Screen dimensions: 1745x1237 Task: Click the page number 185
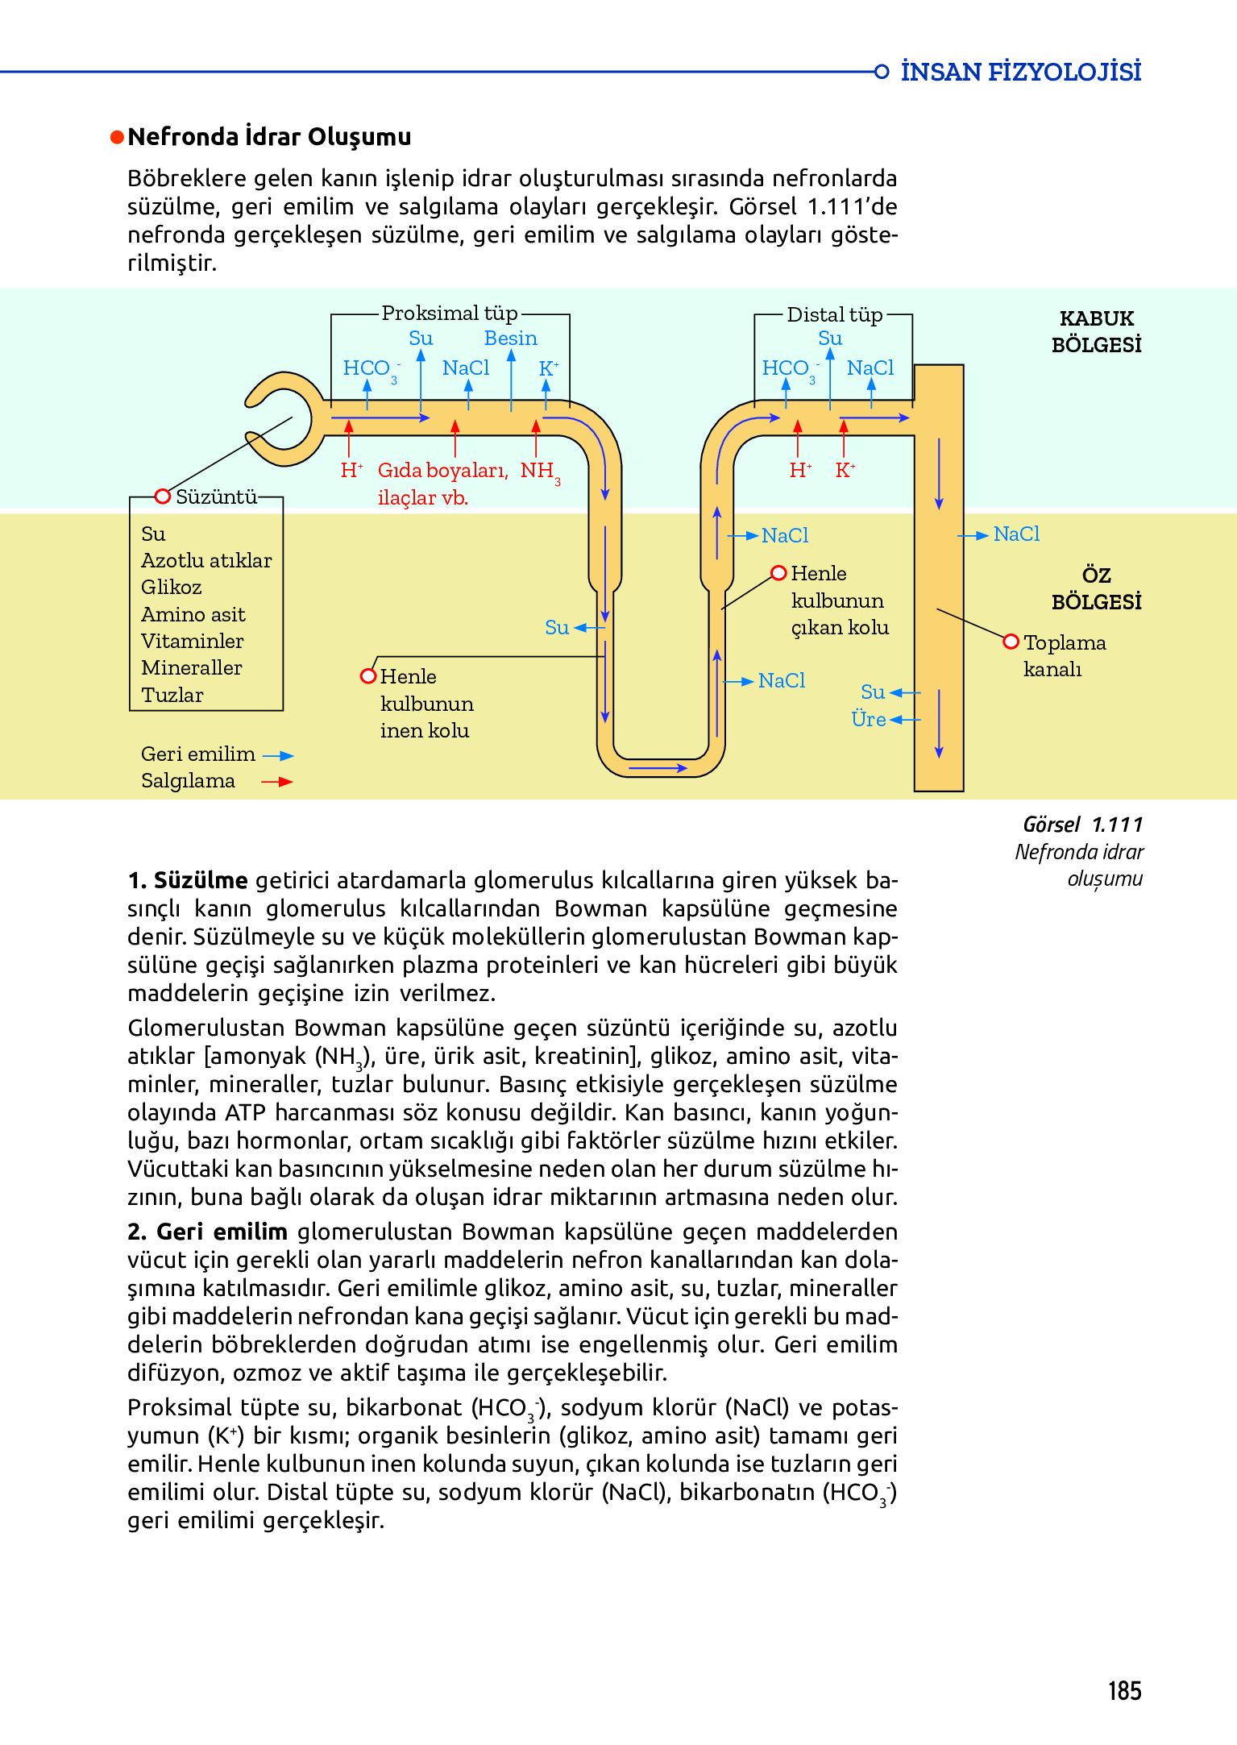pos(1124,1690)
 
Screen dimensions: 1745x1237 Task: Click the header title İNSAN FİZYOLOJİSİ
pos(1020,72)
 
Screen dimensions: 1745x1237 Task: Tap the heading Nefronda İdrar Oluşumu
pos(269,137)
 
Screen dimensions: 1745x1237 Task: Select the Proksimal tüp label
pos(449,313)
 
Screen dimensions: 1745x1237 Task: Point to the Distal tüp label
pos(834,314)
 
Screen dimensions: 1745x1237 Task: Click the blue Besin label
pos(510,339)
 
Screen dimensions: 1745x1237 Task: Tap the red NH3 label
pos(539,471)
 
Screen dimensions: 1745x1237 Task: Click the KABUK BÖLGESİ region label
pos(1096,331)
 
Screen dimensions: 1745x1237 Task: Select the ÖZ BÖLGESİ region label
pos(1096,588)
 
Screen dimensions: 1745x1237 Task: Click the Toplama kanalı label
pos(1064,655)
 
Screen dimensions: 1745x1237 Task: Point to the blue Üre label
pos(869,719)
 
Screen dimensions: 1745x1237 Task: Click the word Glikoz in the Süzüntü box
pos(171,587)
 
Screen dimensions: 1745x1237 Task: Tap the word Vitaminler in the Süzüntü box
pos(192,641)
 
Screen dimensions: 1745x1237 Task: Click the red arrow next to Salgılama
pos(276,781)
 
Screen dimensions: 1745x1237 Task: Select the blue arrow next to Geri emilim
pos(278,756)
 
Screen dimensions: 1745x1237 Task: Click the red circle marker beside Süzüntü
pos(162,496)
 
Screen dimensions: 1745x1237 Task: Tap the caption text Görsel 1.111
pos(1082,825)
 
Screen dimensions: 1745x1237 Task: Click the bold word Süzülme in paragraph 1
pos(201,880)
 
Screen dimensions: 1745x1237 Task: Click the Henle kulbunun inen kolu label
pos(425,704)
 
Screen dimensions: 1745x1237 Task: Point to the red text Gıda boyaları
pos(442,471)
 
